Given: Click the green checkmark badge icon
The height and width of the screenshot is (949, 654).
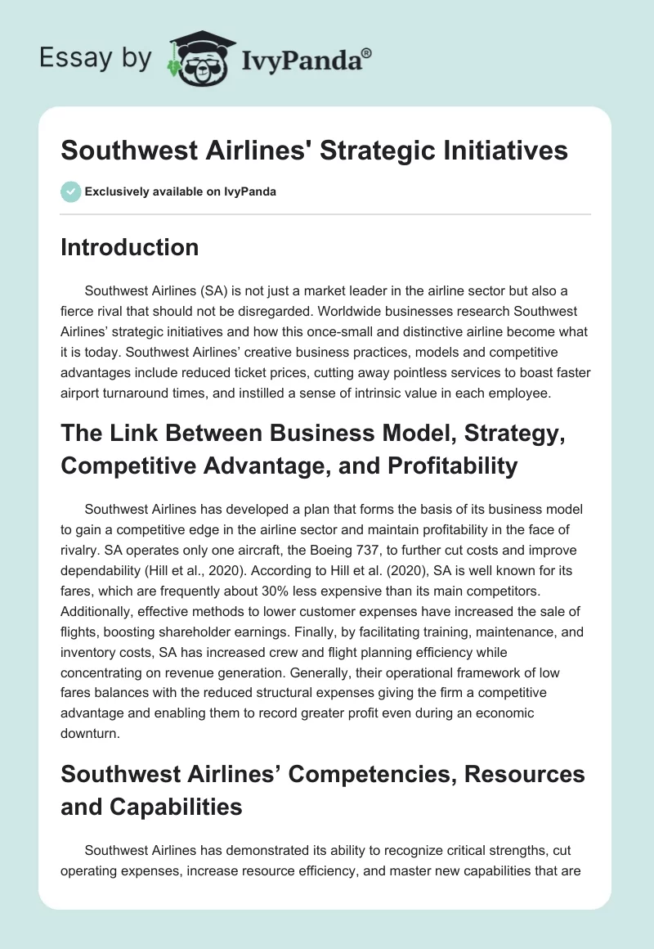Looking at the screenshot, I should tap(70, 192).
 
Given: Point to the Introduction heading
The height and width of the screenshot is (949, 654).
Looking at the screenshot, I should tap(129, 248).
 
